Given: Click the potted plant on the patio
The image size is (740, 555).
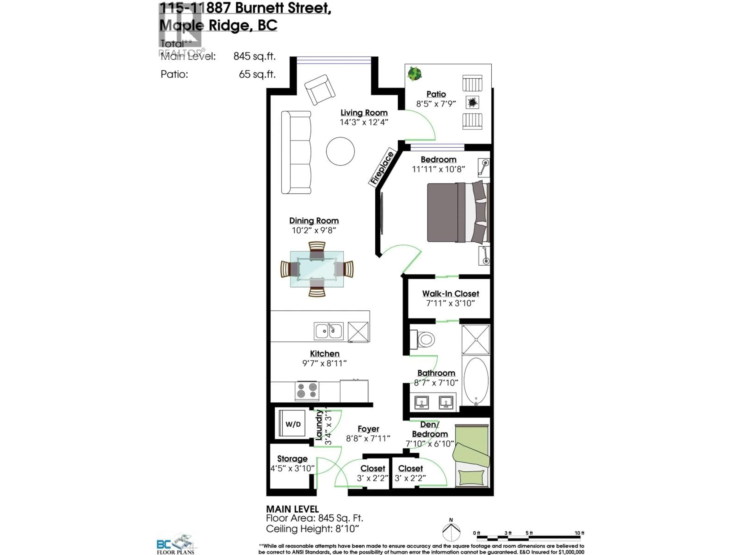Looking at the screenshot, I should point(415,74).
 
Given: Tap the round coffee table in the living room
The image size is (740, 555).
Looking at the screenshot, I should point(340,151).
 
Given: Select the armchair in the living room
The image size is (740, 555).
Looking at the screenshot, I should point(320,89).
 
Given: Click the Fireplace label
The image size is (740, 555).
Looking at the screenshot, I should point(381,168).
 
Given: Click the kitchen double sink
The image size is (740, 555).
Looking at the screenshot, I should point(329,331).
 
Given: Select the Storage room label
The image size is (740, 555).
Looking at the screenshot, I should point(292,459).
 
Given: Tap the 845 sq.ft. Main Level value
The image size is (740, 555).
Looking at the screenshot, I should point(254,56).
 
